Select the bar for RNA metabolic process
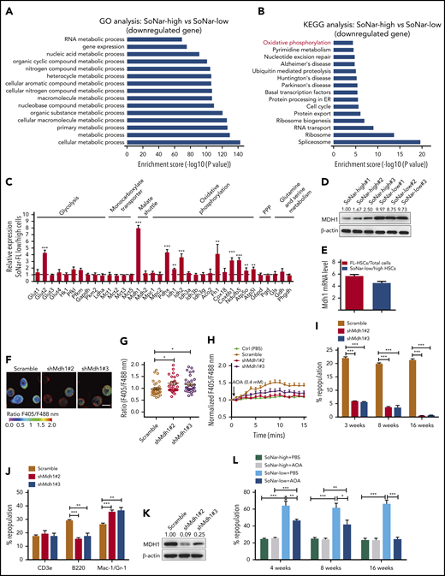pos(153,39)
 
